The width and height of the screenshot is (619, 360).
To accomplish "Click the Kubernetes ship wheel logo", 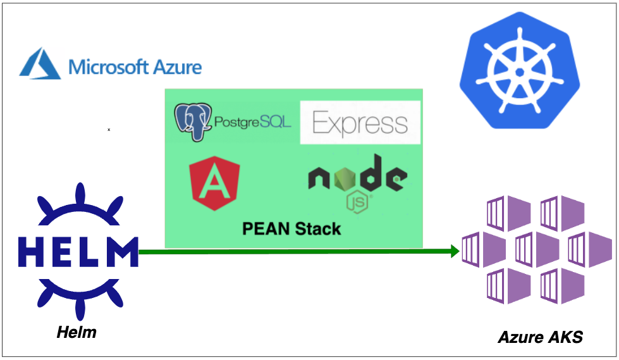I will click(519, 71).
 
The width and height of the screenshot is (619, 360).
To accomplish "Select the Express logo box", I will click(360, 123).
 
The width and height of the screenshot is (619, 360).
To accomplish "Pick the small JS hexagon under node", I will click(358, 202).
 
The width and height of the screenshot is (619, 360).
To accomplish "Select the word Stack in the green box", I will click(318, 228).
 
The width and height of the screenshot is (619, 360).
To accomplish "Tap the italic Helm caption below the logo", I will click(77, 332).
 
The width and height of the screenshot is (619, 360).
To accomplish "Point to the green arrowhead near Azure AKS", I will click(453, 252).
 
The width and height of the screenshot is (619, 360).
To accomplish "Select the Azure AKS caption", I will click(540, 337).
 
